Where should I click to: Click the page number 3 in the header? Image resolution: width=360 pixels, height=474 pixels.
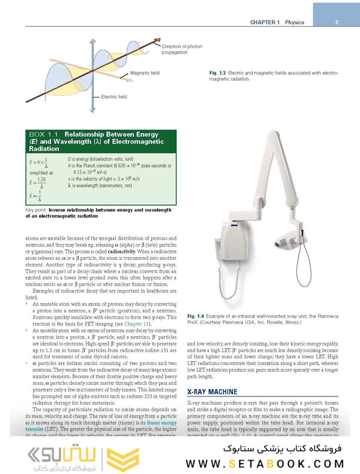(336, 22)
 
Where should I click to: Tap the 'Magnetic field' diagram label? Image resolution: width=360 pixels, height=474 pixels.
(144, 73)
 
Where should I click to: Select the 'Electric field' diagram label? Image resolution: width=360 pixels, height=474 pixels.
(114, 97)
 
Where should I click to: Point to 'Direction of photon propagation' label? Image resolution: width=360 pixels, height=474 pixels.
(182, 49)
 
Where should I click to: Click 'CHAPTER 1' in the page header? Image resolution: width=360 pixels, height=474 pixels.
(264, 22)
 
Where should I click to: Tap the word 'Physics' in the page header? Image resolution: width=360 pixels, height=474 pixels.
(295, 22)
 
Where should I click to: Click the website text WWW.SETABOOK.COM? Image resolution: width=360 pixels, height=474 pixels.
(265, 463)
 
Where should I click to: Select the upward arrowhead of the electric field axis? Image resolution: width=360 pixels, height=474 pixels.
(93, 43)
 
